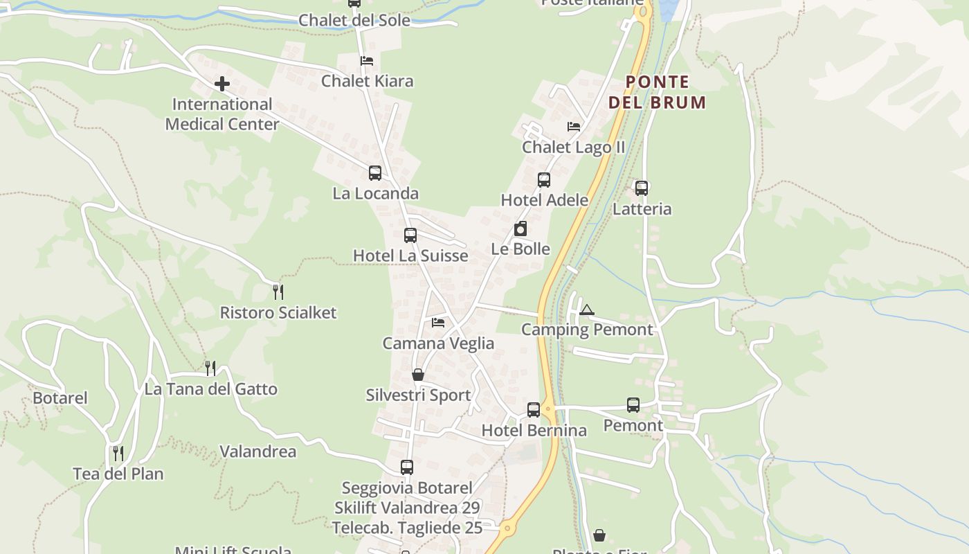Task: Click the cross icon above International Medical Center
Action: pos(221,84)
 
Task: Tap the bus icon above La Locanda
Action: pos(375,172)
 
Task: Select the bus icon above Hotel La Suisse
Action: pos(410,235)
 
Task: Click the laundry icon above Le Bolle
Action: pos(520,229)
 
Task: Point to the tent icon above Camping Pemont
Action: pos(587,310)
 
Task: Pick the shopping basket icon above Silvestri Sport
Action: pos(418,375)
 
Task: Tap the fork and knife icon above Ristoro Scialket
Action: pos(278,292)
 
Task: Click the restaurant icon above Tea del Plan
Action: pos(118,454)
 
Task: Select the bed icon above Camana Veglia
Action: pos(438,323)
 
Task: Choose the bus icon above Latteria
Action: pos(642,188)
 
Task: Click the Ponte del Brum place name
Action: pos(657,92)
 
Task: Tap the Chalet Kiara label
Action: pos(367,81)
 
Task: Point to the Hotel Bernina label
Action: pos(534,430)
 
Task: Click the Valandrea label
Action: pos(257,452)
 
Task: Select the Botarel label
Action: pos(60,397)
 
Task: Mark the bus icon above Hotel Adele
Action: pos(544,180)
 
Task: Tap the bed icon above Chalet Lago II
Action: pos(574,127)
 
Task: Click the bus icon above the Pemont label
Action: pos(633,405)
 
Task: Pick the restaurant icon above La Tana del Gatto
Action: pos(210,368)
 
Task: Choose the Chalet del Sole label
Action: pos(354,19)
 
